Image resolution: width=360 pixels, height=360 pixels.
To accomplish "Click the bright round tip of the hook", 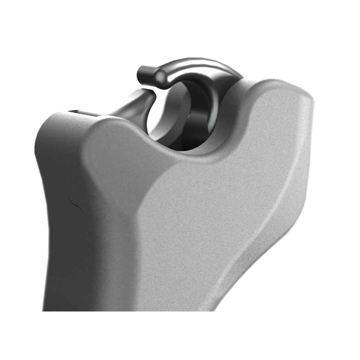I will [x=161, y=77].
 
